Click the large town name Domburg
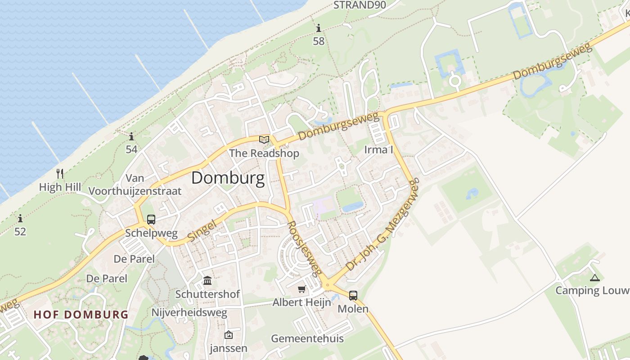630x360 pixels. tap(228, 178)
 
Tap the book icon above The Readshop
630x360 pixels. tap(264, 139)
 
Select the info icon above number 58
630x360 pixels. tap(319, 28)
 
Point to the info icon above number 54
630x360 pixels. tap(131, 136)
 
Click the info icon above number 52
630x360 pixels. tap(20, 219)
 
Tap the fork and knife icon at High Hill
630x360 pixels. tap(60, 173)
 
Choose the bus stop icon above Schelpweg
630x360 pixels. tap(151, 220)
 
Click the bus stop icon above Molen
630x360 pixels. tap(353, 296)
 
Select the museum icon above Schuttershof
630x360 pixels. tap(207, 281)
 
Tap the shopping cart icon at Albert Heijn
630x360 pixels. tap(301, 289)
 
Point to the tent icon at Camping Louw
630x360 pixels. tap(595, 278)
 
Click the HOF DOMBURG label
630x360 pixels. tap(81, 314)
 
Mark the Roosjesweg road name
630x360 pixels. tap(305, 248)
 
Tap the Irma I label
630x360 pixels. tap(378, 149)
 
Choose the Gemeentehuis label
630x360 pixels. tap(307, 338)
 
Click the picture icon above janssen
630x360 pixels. tap(229, 335)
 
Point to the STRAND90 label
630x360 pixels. tap(360, 5)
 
